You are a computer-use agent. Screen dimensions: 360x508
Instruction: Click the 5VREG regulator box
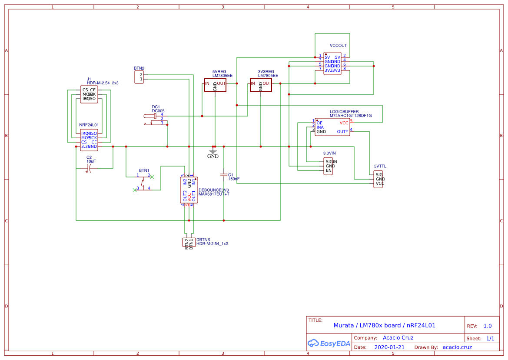pos(215,85)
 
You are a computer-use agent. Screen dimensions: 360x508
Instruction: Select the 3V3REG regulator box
pos(261,85)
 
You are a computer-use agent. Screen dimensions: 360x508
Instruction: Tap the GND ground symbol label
pos(213,156)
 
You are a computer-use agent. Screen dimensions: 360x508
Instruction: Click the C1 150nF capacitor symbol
pos(224,174)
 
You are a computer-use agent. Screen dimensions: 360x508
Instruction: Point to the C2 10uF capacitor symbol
pos(90,168)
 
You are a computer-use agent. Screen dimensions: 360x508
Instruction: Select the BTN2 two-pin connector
pos(139,77)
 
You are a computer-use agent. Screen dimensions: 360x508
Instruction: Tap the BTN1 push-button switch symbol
pos(143,182)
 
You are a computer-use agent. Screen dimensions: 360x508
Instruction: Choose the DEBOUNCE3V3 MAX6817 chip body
pos(189,190)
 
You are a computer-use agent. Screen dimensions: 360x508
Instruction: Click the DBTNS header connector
pos(189,243)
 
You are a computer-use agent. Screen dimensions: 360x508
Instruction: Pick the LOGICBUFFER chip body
pos(332,127)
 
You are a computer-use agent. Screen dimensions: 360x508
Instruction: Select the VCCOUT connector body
pos(332,63)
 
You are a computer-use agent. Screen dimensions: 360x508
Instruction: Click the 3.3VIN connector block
pos(329,166)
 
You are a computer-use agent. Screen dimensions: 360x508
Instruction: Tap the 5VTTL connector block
pos(379,179)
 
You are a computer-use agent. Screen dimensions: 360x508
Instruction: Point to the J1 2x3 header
pos(89,94)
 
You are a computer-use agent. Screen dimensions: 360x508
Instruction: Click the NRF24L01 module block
pos(89,140)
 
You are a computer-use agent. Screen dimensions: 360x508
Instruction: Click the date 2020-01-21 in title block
pos(389,347)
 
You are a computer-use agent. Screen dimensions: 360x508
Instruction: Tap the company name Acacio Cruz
pos(398,338)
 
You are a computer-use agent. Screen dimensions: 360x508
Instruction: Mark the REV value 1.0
pos(487,326)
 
